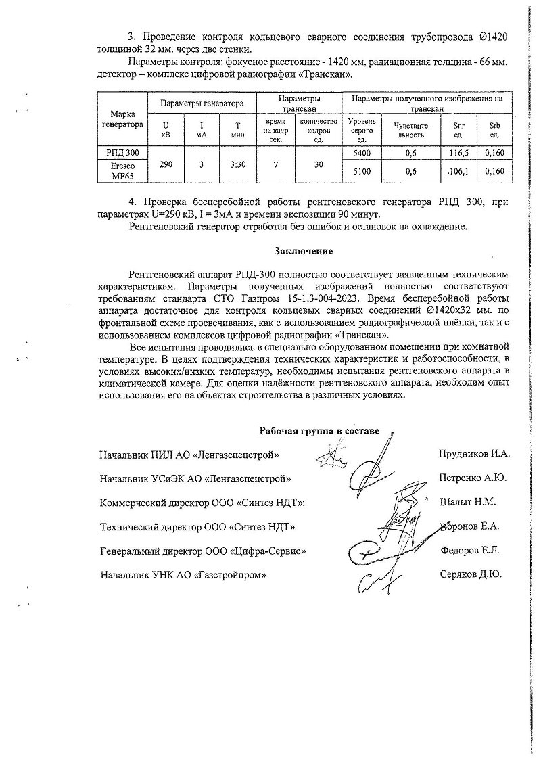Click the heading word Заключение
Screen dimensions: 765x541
click(x=303, y=252)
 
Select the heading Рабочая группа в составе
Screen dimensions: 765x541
click(x=320, y=431)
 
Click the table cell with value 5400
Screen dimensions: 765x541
click(x=362, y=154)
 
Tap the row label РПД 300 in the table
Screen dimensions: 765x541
click(x=122, y=154)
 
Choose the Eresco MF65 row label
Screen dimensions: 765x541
click(x=122, y=172)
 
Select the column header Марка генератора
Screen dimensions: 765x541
click(x=122, y=120)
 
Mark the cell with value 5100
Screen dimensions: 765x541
click(x=362, y=172)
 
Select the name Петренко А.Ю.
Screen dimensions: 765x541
click(x=473, y=478)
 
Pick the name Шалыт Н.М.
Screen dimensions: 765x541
click(x=467, y=502)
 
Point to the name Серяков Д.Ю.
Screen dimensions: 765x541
click(x=471, y=575)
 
